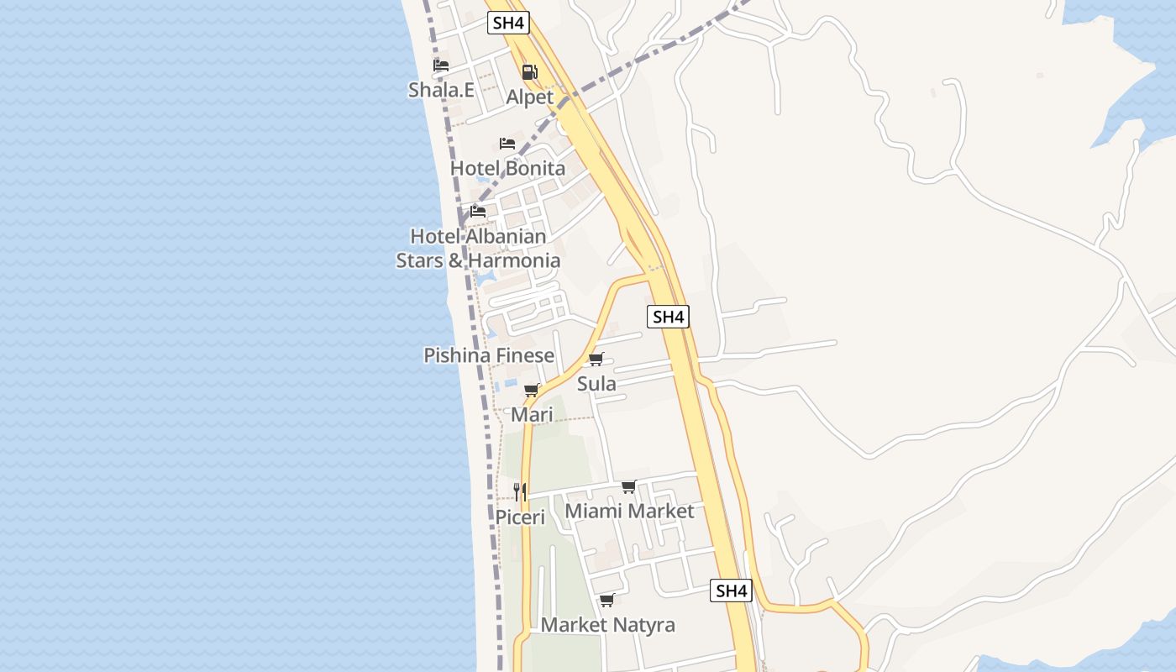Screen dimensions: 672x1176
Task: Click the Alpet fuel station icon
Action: click(x=529, y=72)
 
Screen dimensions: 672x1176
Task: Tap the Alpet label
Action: click(x=529, y=97)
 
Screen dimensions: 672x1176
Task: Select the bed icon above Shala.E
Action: click(x=441, y=66)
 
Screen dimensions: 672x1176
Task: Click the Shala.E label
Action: click(x=441, y=90)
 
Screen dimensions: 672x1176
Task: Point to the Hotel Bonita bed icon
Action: click(x=507, y=144)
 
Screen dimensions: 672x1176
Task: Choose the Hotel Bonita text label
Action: click(x=507, y=168)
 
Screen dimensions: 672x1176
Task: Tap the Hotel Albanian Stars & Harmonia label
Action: click(x=478, y=249)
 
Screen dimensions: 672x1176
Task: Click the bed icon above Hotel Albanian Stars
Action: click(x=478, y=211)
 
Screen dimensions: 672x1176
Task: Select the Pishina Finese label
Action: click(x=489, y=355)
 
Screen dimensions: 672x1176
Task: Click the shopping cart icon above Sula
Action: click(x=596, y=360)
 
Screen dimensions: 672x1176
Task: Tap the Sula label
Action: click(x=596, y=384)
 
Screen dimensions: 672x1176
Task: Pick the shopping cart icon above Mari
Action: click(x=532, y=390)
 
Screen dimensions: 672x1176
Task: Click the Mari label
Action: click(x=532, y=415)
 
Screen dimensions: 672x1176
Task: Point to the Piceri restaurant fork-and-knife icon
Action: click(x=520, y=492)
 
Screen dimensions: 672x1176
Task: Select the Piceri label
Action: click(x=520, y=517)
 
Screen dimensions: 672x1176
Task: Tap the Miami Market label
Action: click(x=629, y=512)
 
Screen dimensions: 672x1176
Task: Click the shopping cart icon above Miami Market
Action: click(x=629, y=487)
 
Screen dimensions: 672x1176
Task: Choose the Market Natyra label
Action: click(x=607, y=625)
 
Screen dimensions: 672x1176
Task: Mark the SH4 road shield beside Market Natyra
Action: click(x=731, y=591)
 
